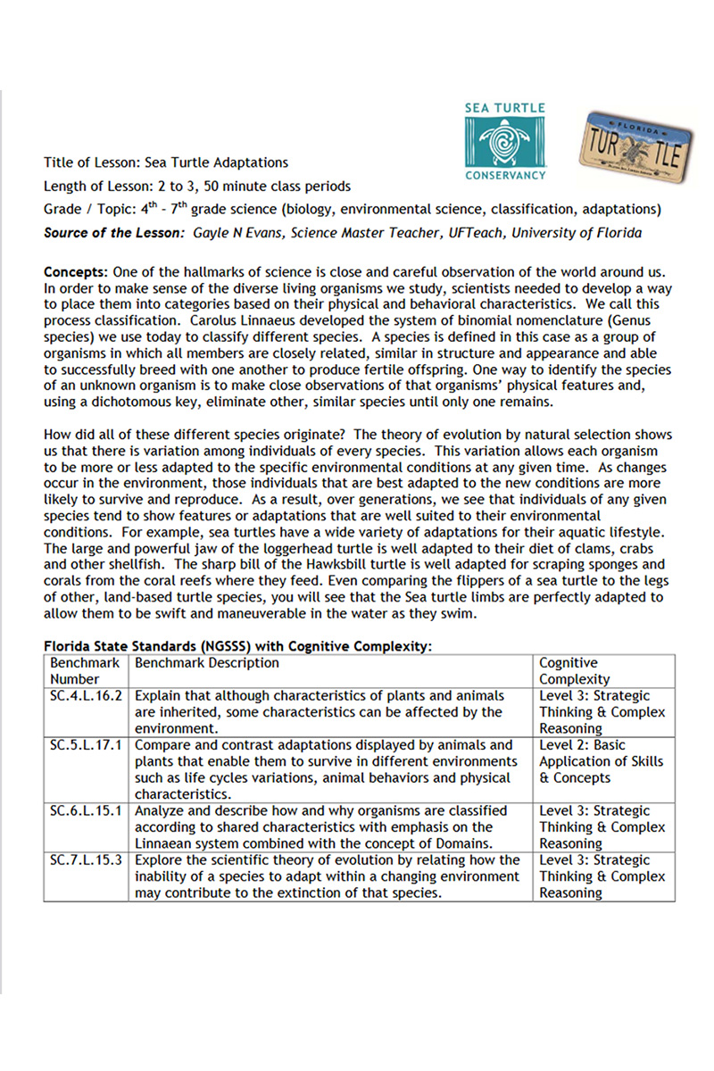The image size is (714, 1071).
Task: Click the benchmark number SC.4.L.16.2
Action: pyautogui.click(x=86, y=695)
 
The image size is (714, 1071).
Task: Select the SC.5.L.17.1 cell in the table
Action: pyautogui.click(x=86, y=744)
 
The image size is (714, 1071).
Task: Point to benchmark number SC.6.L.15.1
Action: pyautogui.click(x=86, y=810)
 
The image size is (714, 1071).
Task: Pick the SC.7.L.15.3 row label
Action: pyautogui.click(x=86, y=859)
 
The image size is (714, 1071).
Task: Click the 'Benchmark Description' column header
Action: pyautogui.click(x=207, y=663)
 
